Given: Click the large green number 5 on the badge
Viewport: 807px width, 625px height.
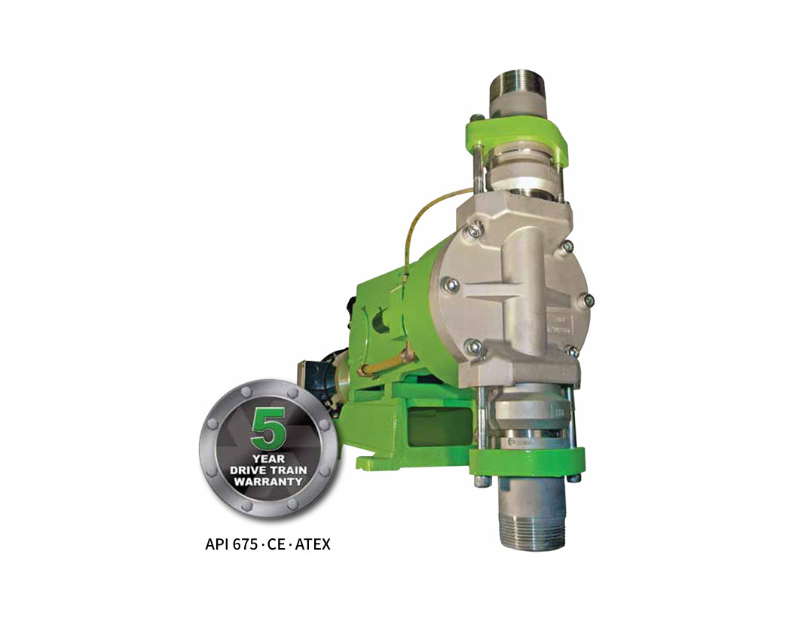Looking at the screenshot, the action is pyautogui.click(x=268, y=427).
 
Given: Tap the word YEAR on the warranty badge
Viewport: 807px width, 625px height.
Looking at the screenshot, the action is pyautogui.click(x=268, y=458).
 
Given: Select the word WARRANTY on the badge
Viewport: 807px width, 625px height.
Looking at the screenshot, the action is pyautogui.click(x=268, y=482).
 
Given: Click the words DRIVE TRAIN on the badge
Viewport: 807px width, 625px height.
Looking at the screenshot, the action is pyautogui.click(x=268, y=470).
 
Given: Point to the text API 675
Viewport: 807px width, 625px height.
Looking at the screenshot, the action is pyautogui.click(x=231, y=544).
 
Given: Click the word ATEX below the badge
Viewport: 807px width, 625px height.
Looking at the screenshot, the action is pyautogui.click(x=313, y=544).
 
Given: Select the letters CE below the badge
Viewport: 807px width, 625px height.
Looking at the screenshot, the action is pyautogui.click(x=277, y=544).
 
